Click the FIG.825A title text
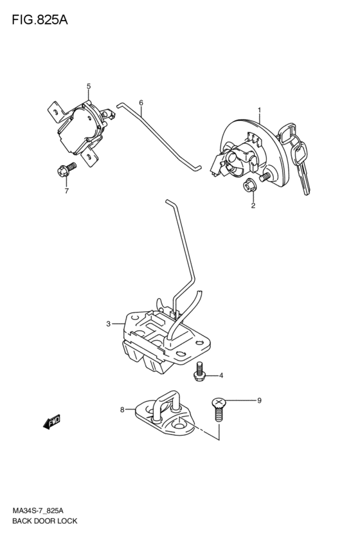[40, 20]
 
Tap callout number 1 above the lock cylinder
[259, 111]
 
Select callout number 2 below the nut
[253, 206]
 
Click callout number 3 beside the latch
[108, 324]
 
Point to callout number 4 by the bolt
[221, 375]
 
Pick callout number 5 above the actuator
[88, 86]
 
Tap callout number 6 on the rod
[141, 103]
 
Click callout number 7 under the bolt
[66, 191]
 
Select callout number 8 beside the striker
[122, 409]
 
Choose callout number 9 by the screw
[259, 400]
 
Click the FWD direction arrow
[51, 422]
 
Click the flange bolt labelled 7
[67, 168]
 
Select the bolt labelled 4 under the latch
[199, 372]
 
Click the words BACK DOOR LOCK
[44, 521]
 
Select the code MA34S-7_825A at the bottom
[38, 511]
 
